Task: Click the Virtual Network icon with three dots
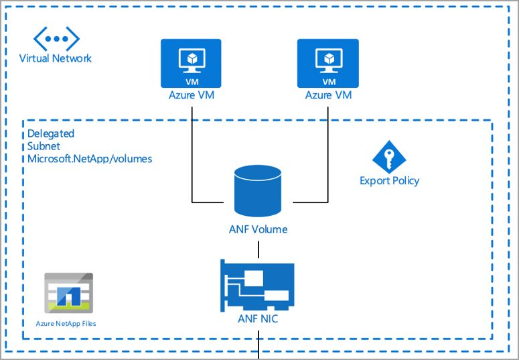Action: (55, 38)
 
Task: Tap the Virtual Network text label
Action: (55, 58)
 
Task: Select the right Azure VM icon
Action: (328, 63)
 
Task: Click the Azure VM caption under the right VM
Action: (328, 95)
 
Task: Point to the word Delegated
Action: (51, 133)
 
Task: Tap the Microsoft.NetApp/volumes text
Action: (90, 159)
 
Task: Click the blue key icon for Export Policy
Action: (389, 157)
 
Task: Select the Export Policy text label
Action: (389, 180)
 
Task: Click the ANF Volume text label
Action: (258, 229)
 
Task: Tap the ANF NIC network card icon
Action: (258, 284)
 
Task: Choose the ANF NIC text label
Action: (258, 319)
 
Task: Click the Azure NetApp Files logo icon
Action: (68, 292)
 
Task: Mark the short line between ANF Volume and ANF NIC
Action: (258, 248)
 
